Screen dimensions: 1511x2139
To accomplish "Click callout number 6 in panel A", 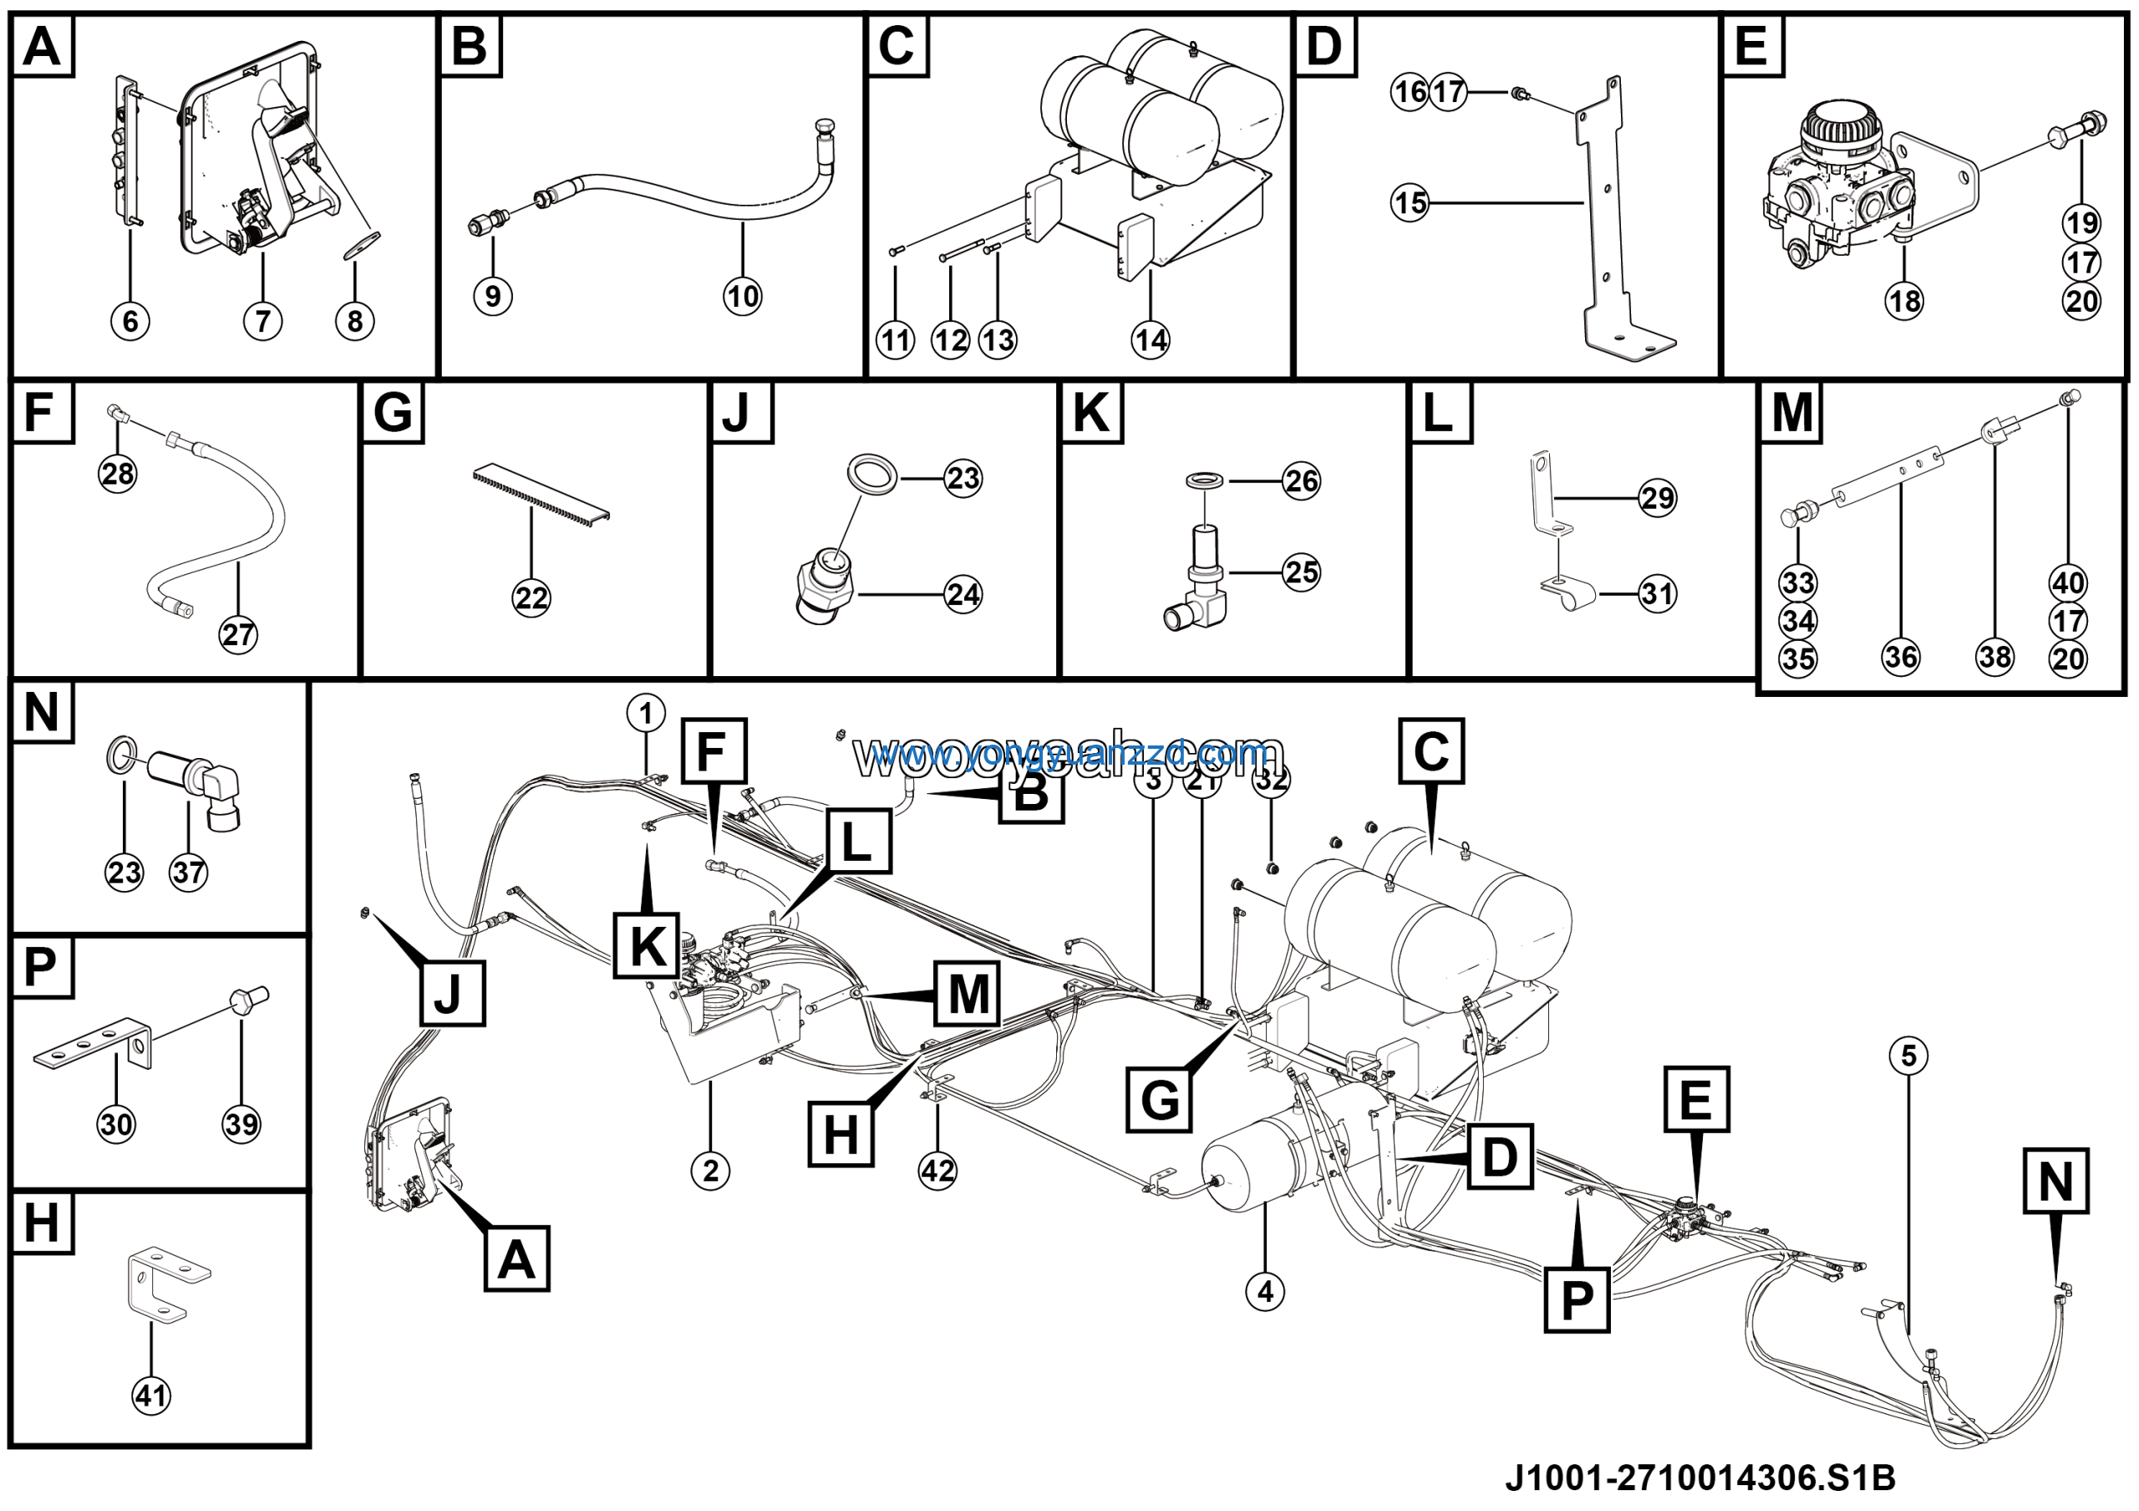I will pos(130,322).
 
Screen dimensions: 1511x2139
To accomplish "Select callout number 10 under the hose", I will pos(743,298).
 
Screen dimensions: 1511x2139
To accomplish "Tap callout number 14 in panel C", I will pos(1151,341).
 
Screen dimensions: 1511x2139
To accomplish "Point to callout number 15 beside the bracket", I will pos(1410,202).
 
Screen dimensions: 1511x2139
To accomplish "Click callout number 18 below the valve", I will pos(1905,301).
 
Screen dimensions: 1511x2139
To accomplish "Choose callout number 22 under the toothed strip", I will pos(531,598).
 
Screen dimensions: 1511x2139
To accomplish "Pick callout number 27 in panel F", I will pos(237,635).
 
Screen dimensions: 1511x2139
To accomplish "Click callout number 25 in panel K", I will pos(1302,572).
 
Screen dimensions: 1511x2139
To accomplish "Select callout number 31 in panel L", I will pos(1658,593).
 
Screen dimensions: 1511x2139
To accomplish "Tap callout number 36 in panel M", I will pos(1901,657).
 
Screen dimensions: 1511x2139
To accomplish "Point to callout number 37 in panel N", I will pos(188,873).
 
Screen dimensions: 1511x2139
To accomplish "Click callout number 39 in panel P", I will pos(241,1124).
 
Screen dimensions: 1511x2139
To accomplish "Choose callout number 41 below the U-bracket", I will pos(151,1396).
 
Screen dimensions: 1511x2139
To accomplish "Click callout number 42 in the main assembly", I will pos(937,1170).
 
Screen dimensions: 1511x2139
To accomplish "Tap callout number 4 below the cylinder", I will pos(1264,1291).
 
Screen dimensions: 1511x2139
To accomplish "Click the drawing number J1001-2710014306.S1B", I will pos(1700,1478).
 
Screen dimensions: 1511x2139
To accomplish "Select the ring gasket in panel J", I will pos(872,472).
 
